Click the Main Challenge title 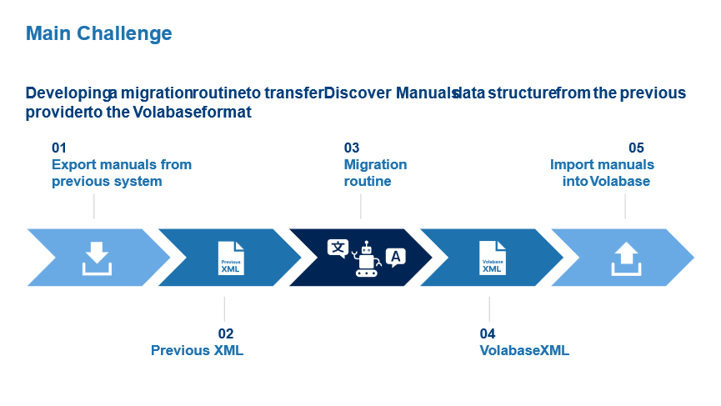point(98,33)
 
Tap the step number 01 point(59,148)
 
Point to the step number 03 point(351,148)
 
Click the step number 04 point(488,333)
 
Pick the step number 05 point(636,148)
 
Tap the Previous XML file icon point(232,258)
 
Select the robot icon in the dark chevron point(365,258)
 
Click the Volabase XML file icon point(493,258)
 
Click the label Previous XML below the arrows point(197,350)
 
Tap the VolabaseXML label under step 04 point(524,350)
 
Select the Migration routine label point(375,173)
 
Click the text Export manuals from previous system point(121,173)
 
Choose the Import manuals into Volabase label point(603,173)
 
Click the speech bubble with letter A point(396,258)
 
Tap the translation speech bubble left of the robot point(338,248)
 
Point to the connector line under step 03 point(361,206)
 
